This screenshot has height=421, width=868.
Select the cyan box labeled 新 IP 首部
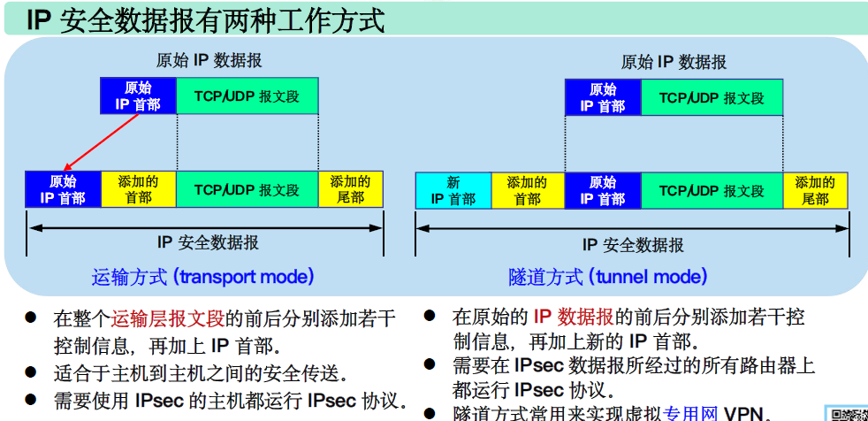(453, 190)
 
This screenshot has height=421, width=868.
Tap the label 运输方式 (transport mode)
(203, 277)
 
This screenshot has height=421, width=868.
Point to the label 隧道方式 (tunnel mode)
(608, 277)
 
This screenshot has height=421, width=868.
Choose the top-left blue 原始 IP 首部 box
(138, 96)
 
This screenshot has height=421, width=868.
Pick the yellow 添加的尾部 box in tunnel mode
(815, 190)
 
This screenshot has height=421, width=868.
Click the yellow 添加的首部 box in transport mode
(139, 190)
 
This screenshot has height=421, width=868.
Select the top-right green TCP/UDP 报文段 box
(712, 97)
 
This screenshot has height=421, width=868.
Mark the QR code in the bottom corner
(848, 413)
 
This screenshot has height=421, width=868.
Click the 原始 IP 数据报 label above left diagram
(209, 61)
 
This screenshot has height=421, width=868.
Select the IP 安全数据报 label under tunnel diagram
(633, 245)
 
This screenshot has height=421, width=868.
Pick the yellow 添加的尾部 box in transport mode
(351, 189)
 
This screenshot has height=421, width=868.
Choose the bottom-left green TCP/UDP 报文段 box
(247, 190)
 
